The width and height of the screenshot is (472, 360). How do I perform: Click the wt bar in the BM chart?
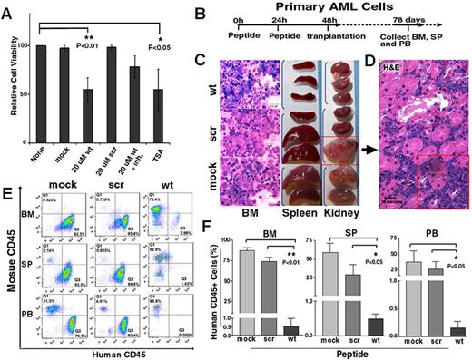tap(266, 329)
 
